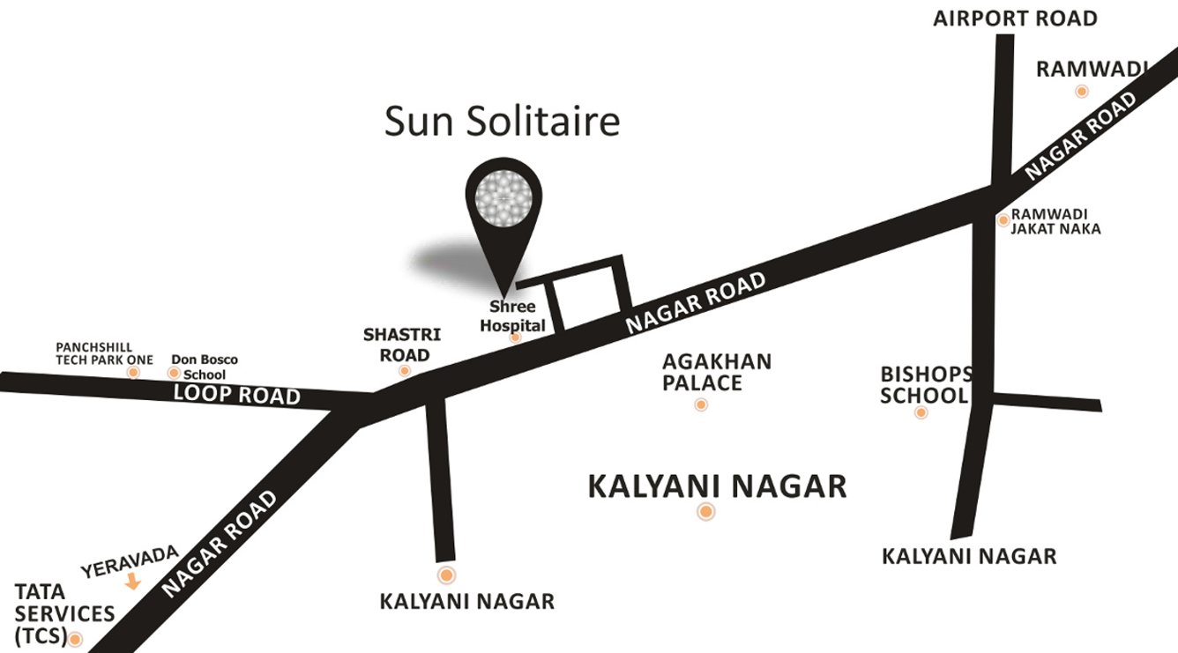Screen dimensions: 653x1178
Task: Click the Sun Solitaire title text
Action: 502,122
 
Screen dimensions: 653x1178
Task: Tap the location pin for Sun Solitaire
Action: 503,202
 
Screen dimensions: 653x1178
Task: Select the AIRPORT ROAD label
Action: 1015,18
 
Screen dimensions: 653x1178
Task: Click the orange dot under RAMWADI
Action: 1081,91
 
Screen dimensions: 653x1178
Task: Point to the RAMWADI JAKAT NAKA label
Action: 1055,221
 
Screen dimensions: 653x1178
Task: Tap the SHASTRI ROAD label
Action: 397,345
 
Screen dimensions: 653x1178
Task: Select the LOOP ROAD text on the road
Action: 236,394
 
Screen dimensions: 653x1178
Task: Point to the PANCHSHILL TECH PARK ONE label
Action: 104,353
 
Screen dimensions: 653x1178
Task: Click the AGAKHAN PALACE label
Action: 717,372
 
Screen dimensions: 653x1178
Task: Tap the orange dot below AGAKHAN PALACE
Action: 701,404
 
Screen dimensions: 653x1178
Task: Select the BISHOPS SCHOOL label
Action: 926,385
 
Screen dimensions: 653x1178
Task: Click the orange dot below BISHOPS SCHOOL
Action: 921,412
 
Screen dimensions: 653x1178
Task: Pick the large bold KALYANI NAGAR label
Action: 717,486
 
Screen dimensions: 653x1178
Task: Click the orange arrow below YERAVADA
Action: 133,582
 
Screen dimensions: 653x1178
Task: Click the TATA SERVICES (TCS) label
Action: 63,613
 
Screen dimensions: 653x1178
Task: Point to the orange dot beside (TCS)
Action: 76,640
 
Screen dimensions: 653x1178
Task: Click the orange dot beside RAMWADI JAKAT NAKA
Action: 1003,219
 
